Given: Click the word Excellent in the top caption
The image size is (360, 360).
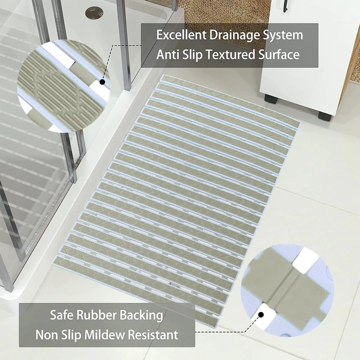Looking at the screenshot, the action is [181, 35].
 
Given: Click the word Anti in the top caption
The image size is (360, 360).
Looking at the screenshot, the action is [168, 55].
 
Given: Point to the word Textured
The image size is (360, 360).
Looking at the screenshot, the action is [230, 55].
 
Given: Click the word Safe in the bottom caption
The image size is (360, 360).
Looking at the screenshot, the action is [62, 315].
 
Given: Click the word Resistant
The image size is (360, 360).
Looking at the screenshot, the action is [152, 335].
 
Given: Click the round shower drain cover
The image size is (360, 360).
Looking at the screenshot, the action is [94, 13].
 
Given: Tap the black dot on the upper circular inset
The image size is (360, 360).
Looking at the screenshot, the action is [103, 82].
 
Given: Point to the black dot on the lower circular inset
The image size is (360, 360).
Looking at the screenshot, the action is [260, 314].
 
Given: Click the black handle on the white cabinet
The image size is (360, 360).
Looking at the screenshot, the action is [285, 6].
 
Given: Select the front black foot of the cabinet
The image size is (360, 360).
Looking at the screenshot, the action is [325, 116].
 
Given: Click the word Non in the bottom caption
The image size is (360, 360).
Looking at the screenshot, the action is [46, 335].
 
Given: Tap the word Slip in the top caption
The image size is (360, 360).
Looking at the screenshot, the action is [193, 55].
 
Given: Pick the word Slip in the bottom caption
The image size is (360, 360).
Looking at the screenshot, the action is [70, 335].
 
